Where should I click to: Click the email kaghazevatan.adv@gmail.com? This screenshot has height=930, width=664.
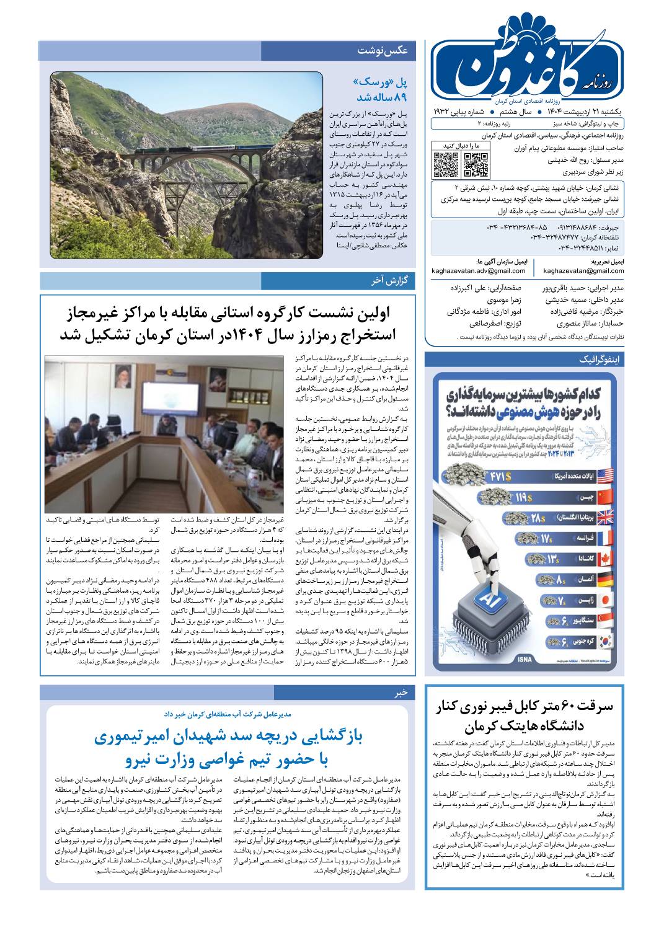click(479, 271)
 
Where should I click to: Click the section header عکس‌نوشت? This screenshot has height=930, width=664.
click(382, 51)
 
